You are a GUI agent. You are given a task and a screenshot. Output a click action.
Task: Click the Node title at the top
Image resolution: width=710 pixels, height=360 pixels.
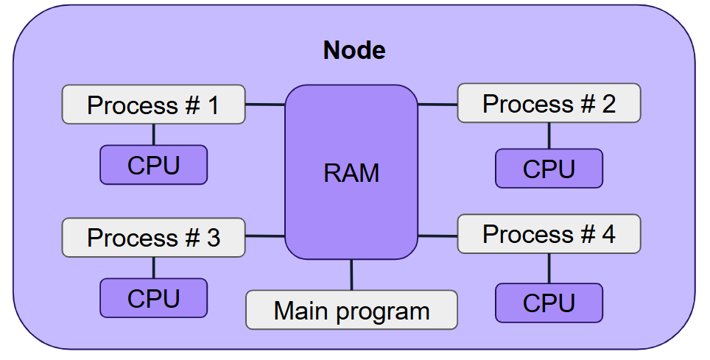tap(354, 50)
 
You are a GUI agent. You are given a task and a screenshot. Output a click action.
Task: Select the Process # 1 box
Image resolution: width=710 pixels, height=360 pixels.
tap(153, 104)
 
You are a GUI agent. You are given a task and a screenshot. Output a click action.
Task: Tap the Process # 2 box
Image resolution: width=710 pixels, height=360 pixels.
tap(549, 103)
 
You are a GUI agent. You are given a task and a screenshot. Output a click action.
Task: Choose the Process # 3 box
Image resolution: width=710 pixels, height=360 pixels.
tap(153, 237)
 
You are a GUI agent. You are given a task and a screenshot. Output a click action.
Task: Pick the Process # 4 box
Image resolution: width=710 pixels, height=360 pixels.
tap(549, 233)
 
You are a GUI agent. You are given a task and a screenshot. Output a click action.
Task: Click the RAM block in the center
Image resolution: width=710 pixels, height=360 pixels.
tap(351, 172)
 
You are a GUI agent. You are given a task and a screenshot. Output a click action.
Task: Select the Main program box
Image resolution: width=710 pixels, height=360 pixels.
tap(351, 310)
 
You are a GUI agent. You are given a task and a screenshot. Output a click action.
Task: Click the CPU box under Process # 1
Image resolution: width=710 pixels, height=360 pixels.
tap(153, 165)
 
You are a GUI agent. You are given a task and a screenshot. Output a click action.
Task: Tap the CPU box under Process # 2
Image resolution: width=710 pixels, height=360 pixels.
tap(549, 169)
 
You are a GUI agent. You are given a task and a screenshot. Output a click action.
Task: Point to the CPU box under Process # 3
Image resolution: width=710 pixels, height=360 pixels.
tap(153, 298)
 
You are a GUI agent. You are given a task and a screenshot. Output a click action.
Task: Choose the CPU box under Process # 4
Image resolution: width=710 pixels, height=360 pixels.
tap(549, 303)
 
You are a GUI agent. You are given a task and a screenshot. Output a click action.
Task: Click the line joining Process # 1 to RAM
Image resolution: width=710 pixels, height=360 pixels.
tap(265, 105)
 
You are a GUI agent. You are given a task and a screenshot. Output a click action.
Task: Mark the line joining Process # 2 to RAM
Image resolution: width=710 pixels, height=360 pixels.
tap(437, 105)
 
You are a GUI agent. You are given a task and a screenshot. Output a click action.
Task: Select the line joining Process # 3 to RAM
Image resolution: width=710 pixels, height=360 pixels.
tap(265, 236)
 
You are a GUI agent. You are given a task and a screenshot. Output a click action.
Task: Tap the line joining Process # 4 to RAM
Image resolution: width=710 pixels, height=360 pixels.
tap(437, 236)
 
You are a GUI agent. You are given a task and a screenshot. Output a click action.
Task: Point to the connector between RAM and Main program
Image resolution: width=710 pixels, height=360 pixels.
tap(351, 275)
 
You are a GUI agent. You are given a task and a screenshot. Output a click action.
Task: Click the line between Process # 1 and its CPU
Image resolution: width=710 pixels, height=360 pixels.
tap(153, 135)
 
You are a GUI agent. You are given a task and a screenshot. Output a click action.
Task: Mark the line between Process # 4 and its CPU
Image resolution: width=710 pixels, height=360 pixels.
tap(549, 269)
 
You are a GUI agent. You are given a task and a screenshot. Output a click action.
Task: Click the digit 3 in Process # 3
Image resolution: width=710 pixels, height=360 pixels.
tap(214, 238)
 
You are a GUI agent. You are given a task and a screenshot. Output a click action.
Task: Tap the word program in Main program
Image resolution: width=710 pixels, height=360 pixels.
tap(383, 312)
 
